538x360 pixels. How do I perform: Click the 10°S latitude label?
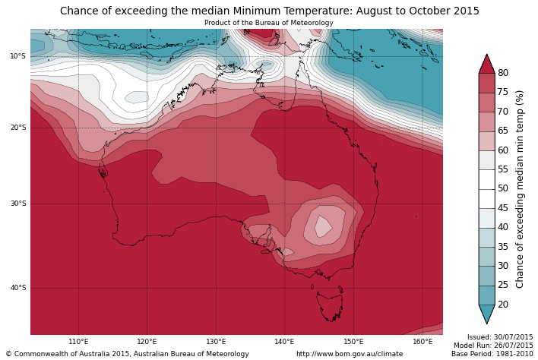(17, 56)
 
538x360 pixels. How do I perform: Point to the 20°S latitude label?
(17, 128)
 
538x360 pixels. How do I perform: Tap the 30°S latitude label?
(17, 204)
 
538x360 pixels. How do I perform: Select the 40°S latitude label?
(17, 288)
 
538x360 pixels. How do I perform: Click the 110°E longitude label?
(78, 342)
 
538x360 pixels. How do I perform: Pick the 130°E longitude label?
(216, 342)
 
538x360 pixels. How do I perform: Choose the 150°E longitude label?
(353, 342)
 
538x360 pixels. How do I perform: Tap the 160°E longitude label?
(422, 342)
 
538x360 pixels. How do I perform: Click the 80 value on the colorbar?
(503, 73)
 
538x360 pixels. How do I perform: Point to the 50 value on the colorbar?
(503, 188)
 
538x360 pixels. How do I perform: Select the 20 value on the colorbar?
(503, 305)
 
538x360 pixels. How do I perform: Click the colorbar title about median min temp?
(521, 189)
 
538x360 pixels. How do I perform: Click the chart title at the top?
(270, 11)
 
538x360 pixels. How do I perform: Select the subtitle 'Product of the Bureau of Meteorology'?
(269, 23)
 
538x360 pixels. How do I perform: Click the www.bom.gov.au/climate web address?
(350, 354)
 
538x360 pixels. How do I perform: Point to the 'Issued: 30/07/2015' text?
(500, 337)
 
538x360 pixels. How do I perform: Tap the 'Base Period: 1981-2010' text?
(492, 354)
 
